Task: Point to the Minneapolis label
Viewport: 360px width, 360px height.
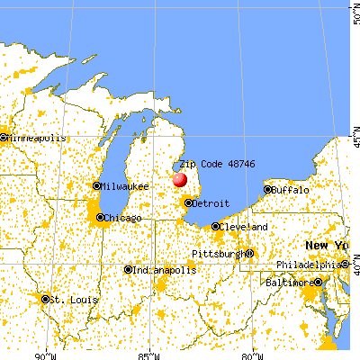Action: click(37, 139)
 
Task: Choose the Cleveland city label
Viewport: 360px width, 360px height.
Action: click(244, 227)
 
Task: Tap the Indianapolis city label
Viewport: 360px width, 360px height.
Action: click(165, 270)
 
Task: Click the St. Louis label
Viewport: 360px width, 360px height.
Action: click(68, 299)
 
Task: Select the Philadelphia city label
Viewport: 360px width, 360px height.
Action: click(310, 265)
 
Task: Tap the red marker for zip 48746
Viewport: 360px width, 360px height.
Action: click(179, 178)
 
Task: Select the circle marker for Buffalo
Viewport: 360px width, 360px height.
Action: click(267, 190)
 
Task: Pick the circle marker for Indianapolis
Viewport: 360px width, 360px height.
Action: click(129, 270)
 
